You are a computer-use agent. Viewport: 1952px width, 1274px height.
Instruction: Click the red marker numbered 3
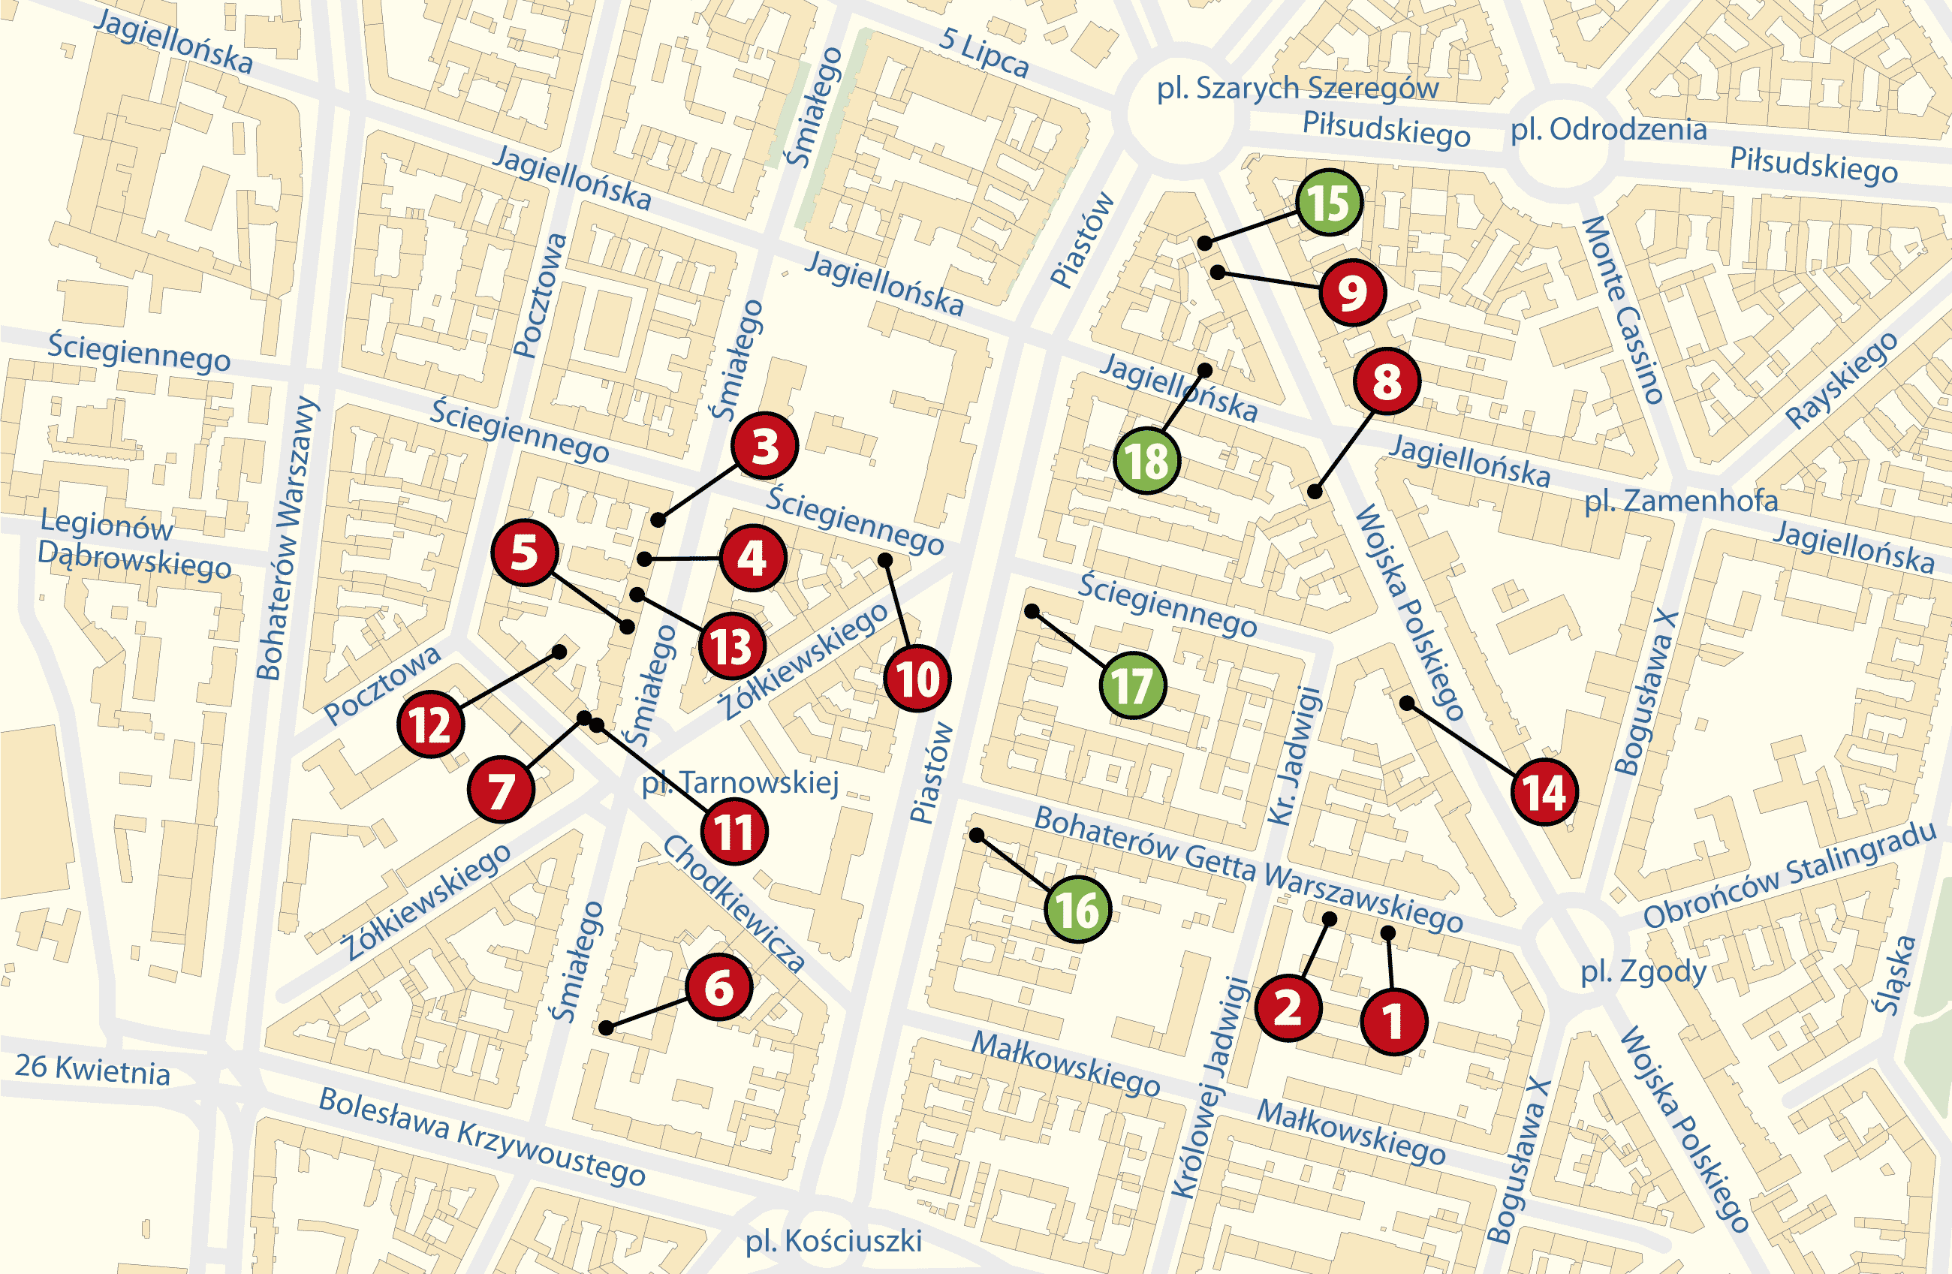click(764, 445)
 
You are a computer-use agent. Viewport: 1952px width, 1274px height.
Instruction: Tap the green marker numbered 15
click(1329, 203)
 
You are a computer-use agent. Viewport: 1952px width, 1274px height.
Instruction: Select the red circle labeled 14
click(1544, 791)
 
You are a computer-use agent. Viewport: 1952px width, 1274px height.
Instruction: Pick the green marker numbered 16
click(1077, 909)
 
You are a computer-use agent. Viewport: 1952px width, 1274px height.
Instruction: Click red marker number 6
click(718, 987)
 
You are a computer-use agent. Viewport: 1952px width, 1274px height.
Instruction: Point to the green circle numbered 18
click(1146, 460)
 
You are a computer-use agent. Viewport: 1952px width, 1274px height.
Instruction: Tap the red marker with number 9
click(1352, 293)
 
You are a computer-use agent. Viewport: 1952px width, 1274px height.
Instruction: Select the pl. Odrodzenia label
click(1608, 130)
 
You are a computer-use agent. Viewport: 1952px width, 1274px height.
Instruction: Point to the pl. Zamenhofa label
click(1680, 501)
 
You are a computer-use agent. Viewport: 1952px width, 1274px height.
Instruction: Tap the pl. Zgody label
click(1643, 972)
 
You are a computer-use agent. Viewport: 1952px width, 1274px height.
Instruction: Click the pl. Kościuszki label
click(833, 1241)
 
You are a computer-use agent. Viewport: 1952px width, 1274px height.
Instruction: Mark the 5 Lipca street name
click(984, 53)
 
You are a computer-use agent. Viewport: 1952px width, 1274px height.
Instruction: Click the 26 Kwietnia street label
click(92, 1070)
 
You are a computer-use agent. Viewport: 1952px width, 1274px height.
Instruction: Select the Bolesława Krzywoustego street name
click(481, 1136)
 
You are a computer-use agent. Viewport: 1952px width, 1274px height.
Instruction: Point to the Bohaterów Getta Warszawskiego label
click(1248, 867)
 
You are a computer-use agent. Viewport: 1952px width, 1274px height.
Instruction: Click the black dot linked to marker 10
click(885, 560)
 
